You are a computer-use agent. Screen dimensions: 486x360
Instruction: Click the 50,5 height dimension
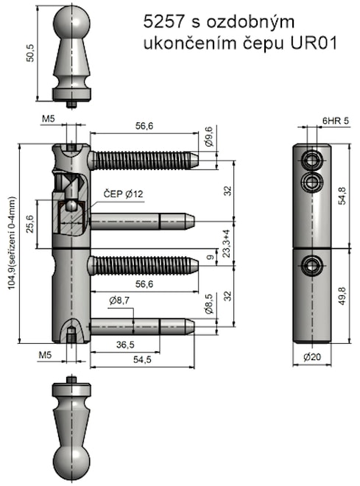[x=29, y=55]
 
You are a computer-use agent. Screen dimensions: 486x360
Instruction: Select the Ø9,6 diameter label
[x=210, y=139]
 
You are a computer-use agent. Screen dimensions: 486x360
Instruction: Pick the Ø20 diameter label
[x=312, y=356]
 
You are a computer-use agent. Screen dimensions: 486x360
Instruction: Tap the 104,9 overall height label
[x=12, y=244]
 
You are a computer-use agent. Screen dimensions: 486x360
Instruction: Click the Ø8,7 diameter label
[x=119, y=300]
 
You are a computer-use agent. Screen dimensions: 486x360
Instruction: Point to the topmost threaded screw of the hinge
[x=144, y=159]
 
